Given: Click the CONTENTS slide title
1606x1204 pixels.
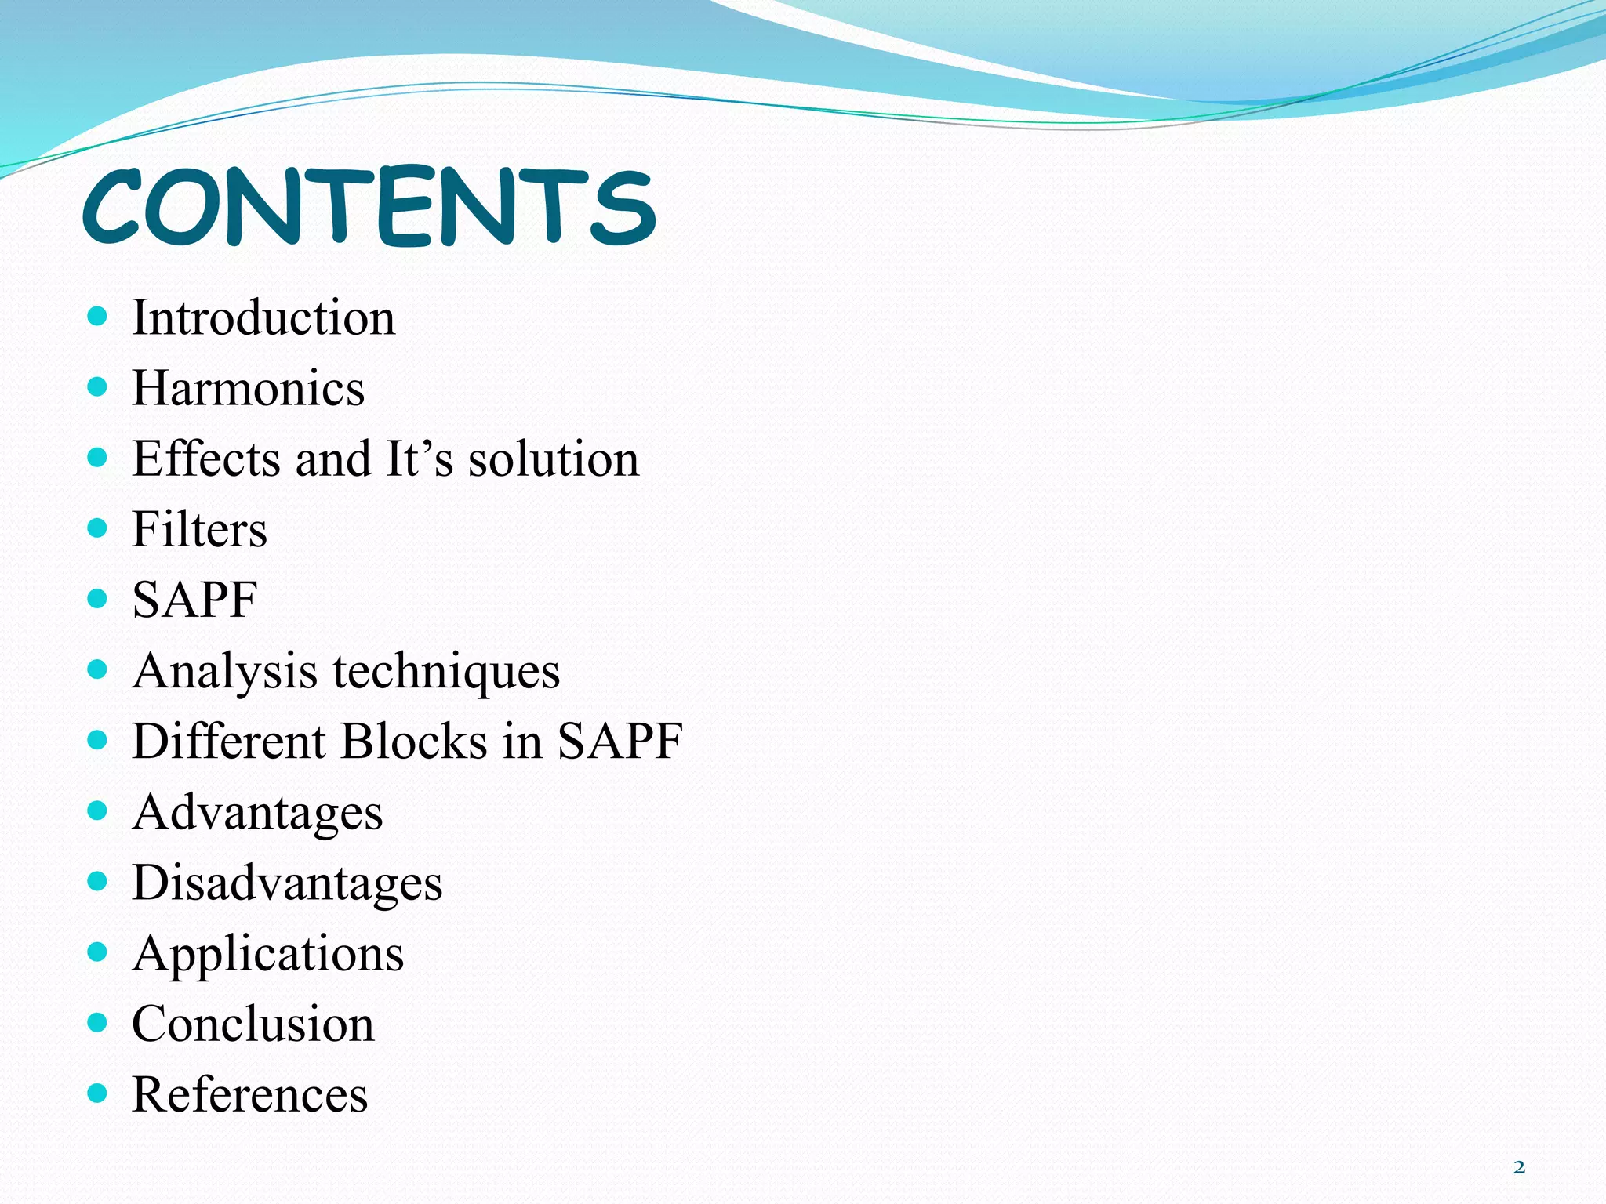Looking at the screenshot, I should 369,207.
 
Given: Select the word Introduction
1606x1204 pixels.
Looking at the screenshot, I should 263,318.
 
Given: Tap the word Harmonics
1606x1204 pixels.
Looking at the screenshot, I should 248,389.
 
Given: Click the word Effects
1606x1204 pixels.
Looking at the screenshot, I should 206,459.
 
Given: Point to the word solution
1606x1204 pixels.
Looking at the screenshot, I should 553,459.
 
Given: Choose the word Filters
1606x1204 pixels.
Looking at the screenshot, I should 199,530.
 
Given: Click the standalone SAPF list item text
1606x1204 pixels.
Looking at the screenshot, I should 194,600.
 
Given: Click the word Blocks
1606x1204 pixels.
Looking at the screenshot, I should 414,742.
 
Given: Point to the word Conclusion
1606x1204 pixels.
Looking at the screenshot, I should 253,1024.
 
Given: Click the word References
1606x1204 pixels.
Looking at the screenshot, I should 249,1095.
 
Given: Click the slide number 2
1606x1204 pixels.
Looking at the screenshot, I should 1519,1167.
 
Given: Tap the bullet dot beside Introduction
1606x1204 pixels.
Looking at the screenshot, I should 97,317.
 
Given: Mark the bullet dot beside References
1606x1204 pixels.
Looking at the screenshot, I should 97,1093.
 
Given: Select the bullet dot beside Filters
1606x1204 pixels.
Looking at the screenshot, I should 97,528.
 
